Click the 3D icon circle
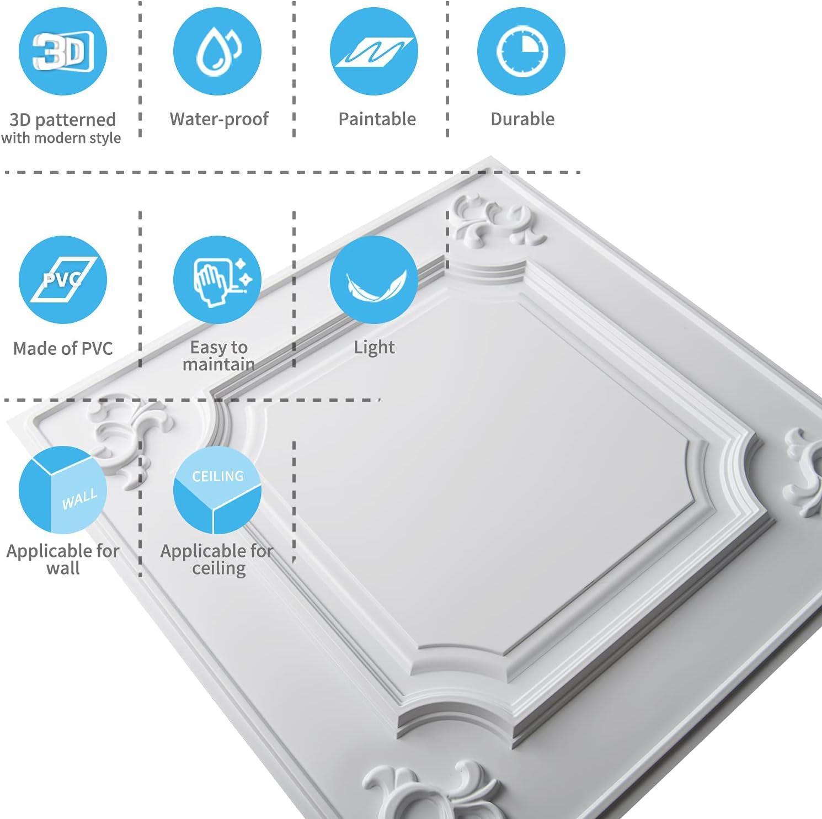[x=62, y=51]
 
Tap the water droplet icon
[x=218, y=51]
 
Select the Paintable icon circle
[x=373, y=51]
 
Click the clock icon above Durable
[x=521, y=51]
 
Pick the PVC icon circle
[x=62, y=279]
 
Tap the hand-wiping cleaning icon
[x=218, y=280]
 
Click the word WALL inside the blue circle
[x=79, y=499]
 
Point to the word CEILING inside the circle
[x=218, y=476]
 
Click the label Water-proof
[x=219, y=119]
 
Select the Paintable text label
[x=377, y=119]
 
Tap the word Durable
[x=522, y=119]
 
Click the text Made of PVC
[x=63, y=348]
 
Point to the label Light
[x=374, y=347]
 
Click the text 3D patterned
[x=63, y=120]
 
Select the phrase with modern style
[x=61, y=138]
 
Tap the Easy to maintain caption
[x=218, y=355]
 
